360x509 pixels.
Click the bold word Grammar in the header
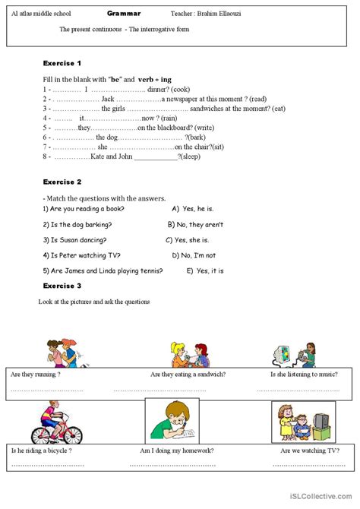(x=124, y=14)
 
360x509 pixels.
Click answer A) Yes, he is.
(x=197, y=208)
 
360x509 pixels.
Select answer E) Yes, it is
(x=205, y=271)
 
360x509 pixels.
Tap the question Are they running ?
(x=36, y=375)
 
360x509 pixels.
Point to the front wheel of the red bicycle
(x=72, y=435)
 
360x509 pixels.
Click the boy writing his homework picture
(x=172, y=420)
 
